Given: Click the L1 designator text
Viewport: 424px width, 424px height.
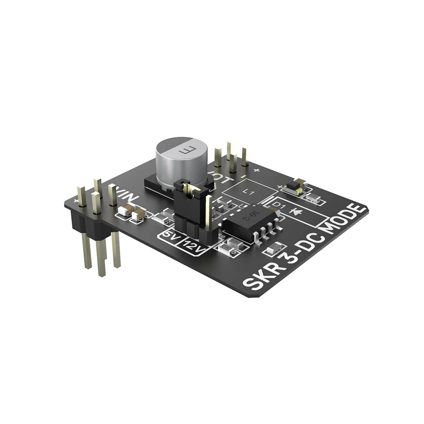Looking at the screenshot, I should point(250,192).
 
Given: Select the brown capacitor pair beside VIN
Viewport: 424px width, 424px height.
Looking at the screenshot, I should point(132,212).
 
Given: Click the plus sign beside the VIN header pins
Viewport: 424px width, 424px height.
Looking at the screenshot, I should point(76,200).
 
